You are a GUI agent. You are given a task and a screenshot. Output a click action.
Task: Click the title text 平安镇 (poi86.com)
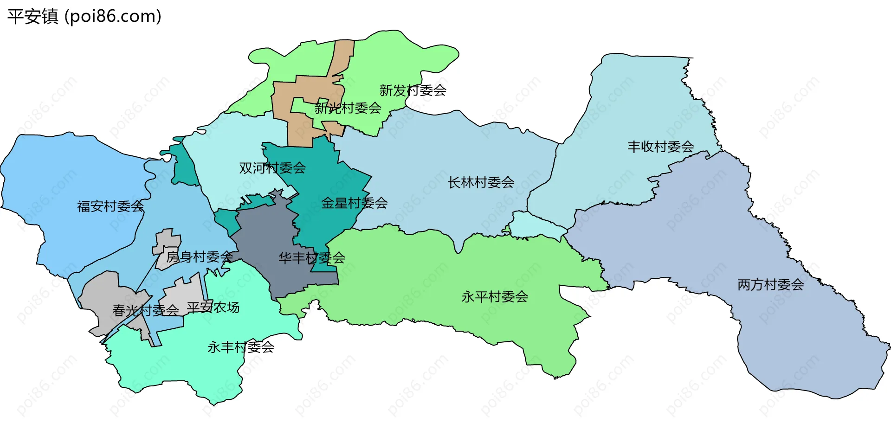84,16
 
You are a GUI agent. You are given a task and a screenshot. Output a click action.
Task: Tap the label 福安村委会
110,206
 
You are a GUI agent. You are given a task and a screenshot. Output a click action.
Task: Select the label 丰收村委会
660,147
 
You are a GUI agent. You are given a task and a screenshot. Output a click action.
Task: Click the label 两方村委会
770,285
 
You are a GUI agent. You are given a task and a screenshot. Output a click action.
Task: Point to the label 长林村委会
481,183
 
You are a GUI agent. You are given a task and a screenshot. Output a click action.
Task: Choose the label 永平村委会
495,297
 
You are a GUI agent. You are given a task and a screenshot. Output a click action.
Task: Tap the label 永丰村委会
240,347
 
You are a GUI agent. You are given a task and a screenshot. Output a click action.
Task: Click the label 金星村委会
354,203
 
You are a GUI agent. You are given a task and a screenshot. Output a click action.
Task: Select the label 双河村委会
272,168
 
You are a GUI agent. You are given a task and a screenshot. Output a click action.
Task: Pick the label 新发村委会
413,90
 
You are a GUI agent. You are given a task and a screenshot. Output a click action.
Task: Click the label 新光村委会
348,109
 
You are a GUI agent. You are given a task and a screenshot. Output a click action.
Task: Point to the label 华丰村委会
311,258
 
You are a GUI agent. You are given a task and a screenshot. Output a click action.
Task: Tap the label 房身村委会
200,256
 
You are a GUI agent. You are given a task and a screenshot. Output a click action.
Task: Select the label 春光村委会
145,310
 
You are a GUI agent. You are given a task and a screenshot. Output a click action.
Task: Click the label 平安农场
213,308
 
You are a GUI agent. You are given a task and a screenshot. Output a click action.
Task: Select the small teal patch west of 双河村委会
183,167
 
